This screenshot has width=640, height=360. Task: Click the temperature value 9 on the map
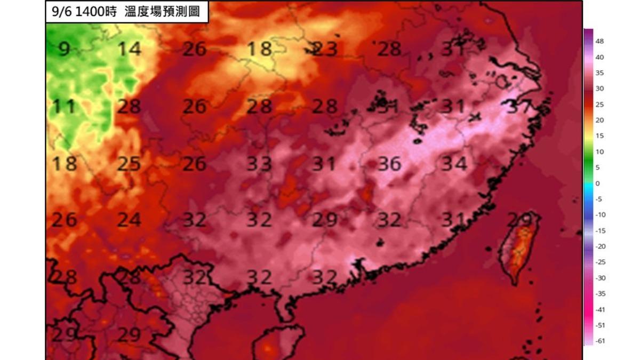pos(64,49)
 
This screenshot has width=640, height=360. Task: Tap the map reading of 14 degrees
pos(129,49)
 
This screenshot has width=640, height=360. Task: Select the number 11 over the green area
pos(64,107)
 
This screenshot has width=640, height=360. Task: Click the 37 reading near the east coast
pos(519,107)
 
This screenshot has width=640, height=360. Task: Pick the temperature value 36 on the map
pos(389,164)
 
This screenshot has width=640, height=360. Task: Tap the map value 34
pos(454,164)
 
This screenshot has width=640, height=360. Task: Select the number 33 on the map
pos(259,164)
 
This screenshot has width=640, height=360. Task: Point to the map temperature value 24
pos(129,220)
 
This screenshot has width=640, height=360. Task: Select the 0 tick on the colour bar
pos(597,183)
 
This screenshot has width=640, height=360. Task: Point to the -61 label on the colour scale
pos(600,341)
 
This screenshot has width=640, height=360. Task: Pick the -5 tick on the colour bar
pos(598,199)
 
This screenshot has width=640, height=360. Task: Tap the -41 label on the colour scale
pos(600,309)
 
